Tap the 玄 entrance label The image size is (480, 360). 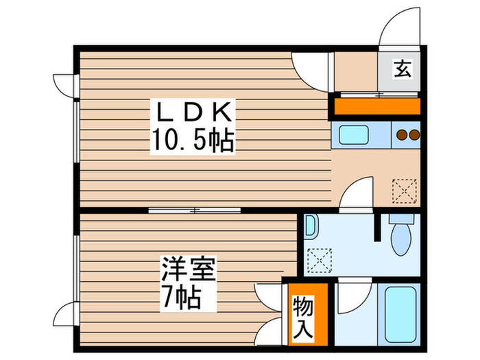(402, 69)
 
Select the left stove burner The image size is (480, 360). (402, 135)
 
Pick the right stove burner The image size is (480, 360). (413, 135)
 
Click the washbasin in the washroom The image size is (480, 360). (311, 227)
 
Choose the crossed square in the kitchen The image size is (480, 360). (404, 189)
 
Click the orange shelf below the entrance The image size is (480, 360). (376, 106)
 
